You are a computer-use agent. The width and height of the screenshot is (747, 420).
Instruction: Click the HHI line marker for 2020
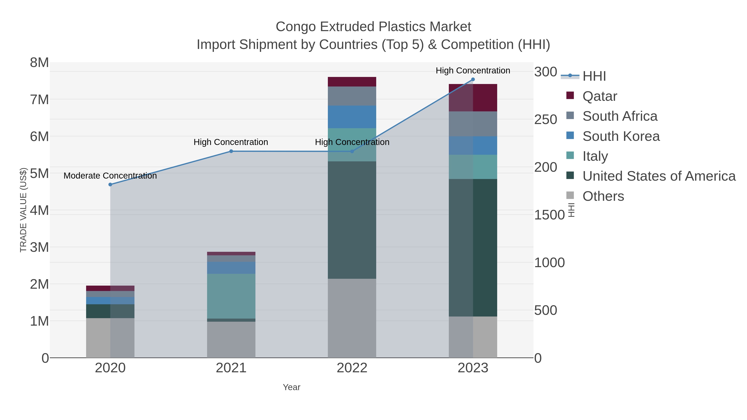click(110, 185)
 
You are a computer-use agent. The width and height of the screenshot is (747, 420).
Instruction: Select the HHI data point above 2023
click(473, 79)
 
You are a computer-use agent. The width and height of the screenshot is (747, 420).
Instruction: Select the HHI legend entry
click(594, 76)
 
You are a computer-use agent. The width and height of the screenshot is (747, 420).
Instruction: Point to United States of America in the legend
click(659, 176)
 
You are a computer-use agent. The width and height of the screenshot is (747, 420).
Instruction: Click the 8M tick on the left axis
click(39, 63)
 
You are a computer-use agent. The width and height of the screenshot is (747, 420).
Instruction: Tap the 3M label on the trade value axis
click(39, 247)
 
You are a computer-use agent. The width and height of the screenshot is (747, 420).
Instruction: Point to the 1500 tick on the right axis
click(549, 215)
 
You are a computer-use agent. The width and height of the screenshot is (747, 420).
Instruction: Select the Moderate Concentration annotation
click(110, 176)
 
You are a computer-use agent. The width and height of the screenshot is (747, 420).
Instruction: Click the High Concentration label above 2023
click(473, 71)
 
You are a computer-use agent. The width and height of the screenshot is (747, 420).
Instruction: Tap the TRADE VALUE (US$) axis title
click(23, 210)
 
